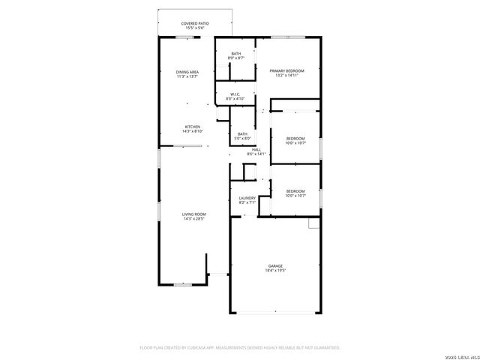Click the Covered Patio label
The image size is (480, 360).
point(194,23)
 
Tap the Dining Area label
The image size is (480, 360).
point(187,72)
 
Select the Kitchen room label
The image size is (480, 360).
point(193,127)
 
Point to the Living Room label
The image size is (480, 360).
point(194,214)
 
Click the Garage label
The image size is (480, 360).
point(276,265)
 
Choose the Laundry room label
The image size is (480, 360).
point(247,198)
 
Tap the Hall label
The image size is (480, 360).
point(256,150)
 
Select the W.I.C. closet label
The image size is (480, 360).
point(235,94)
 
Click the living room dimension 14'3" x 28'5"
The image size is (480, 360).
point(194,219)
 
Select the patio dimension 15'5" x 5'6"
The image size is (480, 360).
point(194,28)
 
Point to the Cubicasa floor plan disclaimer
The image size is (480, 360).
point(240,348)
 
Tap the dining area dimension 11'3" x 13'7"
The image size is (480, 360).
point(187,76)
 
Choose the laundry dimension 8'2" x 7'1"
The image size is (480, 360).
point(247,202)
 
